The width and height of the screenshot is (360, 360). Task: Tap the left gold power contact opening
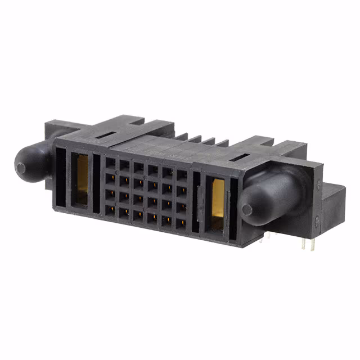pos(82,179)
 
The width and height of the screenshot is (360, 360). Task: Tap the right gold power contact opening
pos(218,203)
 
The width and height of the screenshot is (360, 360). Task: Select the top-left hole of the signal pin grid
pos(110,163)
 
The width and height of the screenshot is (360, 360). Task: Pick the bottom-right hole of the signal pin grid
pos(181,224)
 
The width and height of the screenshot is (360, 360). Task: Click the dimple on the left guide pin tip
pos(21,167)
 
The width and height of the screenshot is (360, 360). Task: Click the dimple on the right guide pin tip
pos(247,210)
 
